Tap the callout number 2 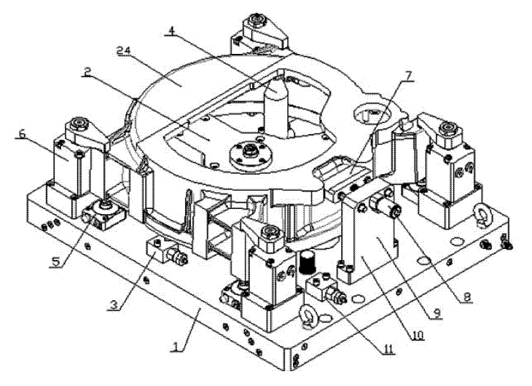click(x=87, y=71)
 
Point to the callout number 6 click(x=22, y=134)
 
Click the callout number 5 click(x=55, y=261)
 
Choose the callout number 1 click(x=176, y=346)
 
